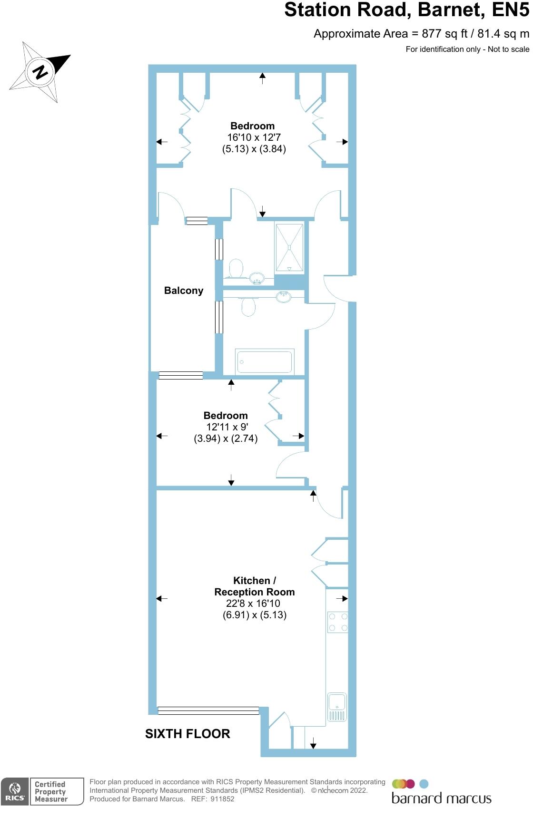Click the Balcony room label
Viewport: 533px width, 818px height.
[x=184, y=291]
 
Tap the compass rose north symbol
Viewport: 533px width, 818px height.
[x=40, y=72]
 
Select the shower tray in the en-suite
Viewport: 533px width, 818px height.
[x=289, y=247]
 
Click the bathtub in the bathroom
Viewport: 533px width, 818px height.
[x=264, y=362]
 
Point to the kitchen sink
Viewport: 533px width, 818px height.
[x=337, y=707]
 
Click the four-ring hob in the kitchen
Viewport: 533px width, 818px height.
[x=337, y=622]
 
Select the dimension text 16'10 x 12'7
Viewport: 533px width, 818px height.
[x=254, y=137]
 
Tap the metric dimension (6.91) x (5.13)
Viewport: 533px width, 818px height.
[x=255, y=615]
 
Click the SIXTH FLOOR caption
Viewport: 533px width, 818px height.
[x=188, y=734]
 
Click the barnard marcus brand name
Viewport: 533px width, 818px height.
[x=441, y=799]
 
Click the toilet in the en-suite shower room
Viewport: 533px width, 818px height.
[x=236, y=268]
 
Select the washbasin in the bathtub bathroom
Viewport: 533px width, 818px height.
[x=284, y=297]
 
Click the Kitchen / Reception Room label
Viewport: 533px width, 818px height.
[x=254, y=586]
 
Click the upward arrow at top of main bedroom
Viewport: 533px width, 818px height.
[x=263, y=78]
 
